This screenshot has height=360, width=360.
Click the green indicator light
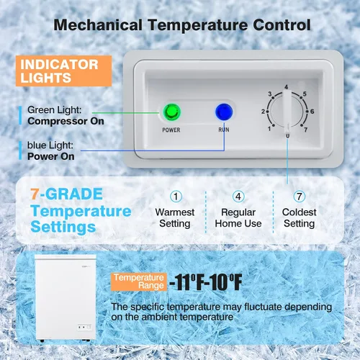click(172, 112)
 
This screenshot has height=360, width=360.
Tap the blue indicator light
click(224, 112)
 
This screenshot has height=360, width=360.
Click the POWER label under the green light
click(171, 130)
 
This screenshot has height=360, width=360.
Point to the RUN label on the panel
click(224, 130)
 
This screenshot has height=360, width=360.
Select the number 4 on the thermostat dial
click(286, 87)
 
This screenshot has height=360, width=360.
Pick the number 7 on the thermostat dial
click(305, 130)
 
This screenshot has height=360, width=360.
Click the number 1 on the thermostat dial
click(269, 129)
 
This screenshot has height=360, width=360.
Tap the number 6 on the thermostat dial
click(312, 112)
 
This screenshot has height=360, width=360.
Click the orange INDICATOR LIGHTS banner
click(64, 71)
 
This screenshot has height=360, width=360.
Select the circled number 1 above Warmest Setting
click(176, 197)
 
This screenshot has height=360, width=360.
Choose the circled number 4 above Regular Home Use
click(238, 197)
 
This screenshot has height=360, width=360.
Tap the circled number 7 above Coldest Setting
click(300, 197)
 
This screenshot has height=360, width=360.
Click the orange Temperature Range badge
click(139, 282)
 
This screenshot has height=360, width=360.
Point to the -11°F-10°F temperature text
click(206, 282)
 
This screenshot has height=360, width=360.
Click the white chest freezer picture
click(66, 298)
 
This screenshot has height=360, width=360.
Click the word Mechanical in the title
click(98, 25)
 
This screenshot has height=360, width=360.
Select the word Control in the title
click(282, 25)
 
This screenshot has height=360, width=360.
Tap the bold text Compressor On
click(66, 121)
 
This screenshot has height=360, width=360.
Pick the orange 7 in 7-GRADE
click(35, 194)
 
